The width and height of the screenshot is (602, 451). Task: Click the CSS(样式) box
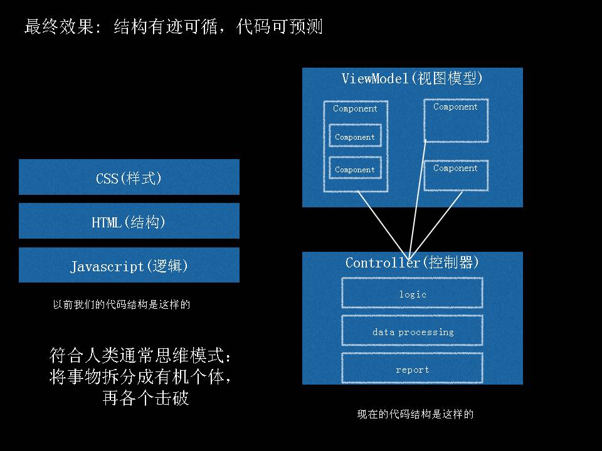click(129, 177)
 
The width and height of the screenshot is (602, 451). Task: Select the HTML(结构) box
click(129, 221)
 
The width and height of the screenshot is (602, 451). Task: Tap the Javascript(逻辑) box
click(129, 266)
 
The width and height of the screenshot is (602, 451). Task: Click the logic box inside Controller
click(412, 293)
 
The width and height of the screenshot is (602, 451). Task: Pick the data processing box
click(412, 331)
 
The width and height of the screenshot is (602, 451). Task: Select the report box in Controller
click(412, 369)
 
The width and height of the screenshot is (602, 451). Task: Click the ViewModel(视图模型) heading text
click(412, 78)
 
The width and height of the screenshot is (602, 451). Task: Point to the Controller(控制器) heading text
click(412, 262)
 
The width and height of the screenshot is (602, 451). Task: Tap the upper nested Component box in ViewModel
click(355, 136)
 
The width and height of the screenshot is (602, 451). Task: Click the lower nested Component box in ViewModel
click(355, 168)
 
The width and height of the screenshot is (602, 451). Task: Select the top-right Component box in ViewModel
click(456, 120)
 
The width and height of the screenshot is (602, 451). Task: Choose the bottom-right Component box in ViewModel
click(456, 175)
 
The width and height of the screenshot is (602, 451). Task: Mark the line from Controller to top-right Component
click(418, 197)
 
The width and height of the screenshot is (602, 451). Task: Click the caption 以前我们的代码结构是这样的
click(121, 305)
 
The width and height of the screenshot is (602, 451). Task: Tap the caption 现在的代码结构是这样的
click(415, 414)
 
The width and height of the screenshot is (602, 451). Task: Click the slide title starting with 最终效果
click(173, 27)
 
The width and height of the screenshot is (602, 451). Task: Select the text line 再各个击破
click(145, 398)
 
